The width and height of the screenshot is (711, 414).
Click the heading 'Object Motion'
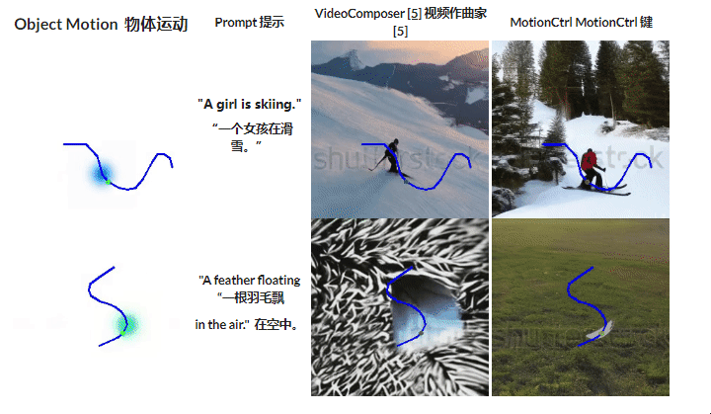coord(65,25)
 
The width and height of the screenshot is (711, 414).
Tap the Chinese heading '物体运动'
coord(156,25)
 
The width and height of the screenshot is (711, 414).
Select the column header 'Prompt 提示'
coord(249,23)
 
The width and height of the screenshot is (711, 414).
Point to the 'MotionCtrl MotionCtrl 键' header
coord(581,22)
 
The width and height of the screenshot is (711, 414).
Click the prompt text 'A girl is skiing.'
coord(249,104)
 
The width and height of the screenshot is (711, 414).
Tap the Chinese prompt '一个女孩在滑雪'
coord(244,136)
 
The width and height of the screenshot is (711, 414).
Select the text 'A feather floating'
coord(249,281)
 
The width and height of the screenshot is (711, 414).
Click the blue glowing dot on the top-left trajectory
coord(100,174)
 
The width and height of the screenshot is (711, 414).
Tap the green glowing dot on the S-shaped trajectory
coord(127,322)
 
